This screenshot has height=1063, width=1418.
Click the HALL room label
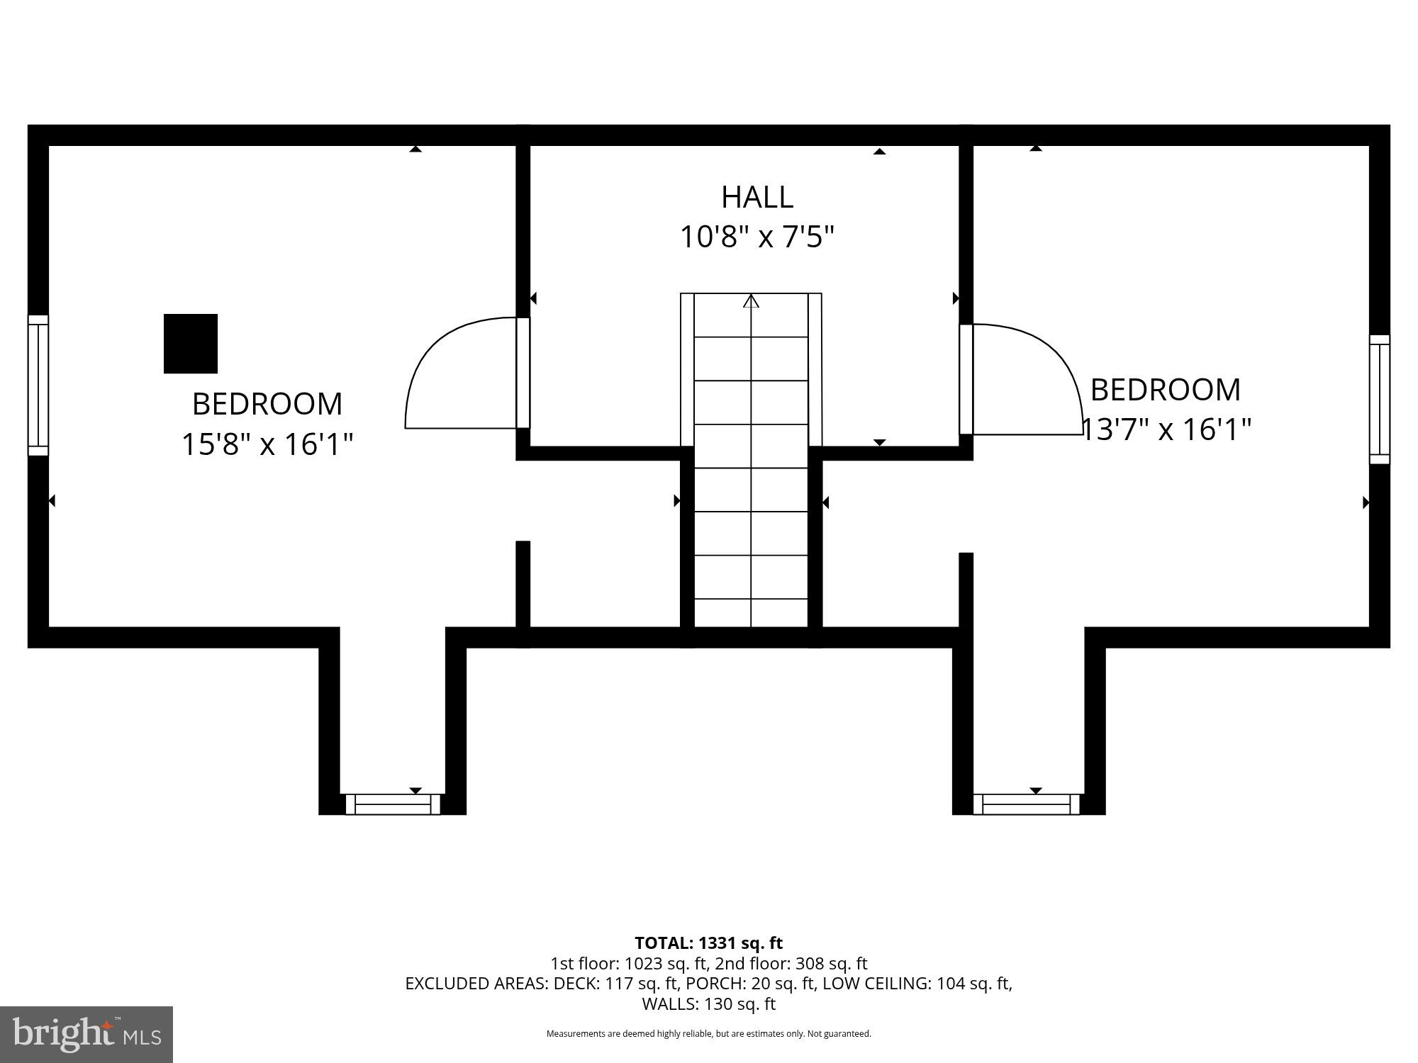click(x=757, y=197)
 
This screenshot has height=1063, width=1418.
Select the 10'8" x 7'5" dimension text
click(x=757, y=237)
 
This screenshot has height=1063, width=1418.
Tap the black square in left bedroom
click(x=191, y=344)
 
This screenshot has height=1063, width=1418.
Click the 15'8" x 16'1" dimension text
click(x=267, y=445)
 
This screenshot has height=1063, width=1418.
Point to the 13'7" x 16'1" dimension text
click(x=1166, y=429)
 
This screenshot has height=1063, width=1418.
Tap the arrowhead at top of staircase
click(x=751, y=300)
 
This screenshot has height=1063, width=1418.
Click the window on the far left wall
click(x=38, y=386)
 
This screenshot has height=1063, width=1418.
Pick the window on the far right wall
click(x=1379, y=400)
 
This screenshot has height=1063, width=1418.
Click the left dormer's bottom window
click(x=393, y=804)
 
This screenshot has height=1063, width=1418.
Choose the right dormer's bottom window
click(x=1026, y=804)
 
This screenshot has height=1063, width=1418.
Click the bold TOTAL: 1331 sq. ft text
click(x=708, y=943)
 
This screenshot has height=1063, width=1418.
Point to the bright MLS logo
click(x=86, y=1035)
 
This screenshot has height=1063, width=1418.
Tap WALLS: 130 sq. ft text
click(x=708, y=1004)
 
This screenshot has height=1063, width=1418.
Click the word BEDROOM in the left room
click(x=267, y=404)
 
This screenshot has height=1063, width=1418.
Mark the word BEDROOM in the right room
click(x=1165, y=390)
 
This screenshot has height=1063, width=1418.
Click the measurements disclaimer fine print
click(x=708, y=1034)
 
